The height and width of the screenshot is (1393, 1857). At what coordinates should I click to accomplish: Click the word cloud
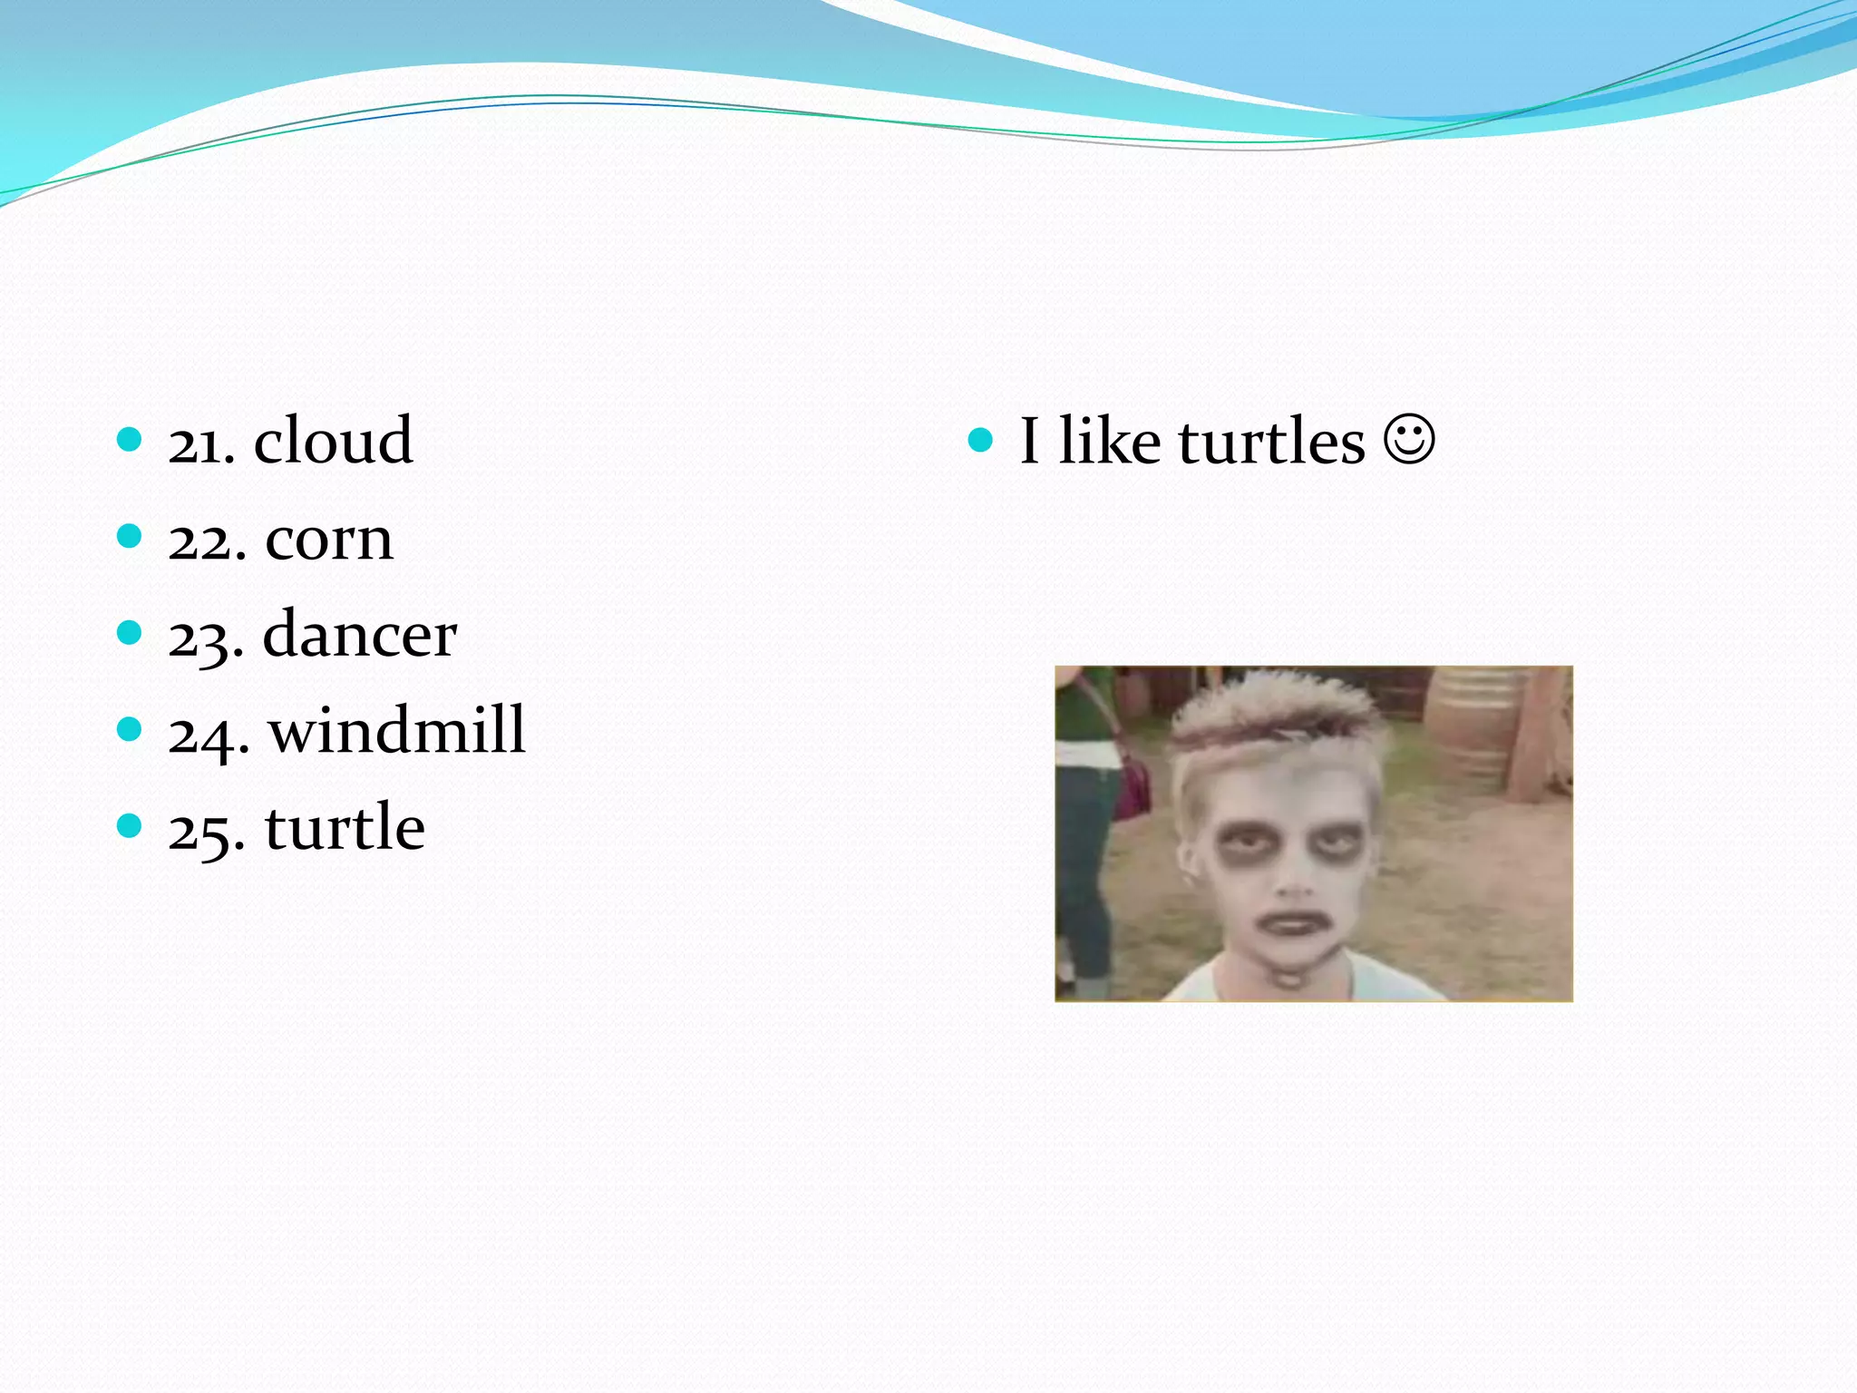click(333, 441)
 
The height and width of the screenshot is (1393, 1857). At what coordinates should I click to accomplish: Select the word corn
click(329, 539)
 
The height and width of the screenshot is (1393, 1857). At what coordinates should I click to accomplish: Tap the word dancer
click(359, 634)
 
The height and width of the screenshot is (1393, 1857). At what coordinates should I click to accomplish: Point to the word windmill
click(396, 730)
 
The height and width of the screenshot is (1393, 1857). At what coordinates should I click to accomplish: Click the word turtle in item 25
click(345, 827)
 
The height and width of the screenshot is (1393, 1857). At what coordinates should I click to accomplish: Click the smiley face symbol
click(1409, 440)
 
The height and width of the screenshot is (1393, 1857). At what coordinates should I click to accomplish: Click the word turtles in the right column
click(1271, 442)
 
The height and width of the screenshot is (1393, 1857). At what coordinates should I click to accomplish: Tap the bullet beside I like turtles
click(980, 441)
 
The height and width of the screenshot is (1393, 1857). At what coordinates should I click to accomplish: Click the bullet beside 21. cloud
click(130, 441)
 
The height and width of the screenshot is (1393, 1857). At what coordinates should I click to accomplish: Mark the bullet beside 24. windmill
click(130, 729)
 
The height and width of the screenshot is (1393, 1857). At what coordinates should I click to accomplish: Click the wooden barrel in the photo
click(1473, 726)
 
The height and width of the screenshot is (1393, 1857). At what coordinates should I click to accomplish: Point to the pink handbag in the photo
click(1133, 780)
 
